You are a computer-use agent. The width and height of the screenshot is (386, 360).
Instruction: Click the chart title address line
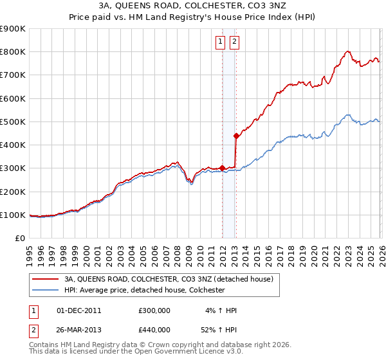click(x=193, y=6)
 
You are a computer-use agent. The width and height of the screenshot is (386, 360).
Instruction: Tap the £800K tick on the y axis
click(x=12, y=52)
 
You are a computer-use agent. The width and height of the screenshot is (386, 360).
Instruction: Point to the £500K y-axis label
click(x=12, y=122)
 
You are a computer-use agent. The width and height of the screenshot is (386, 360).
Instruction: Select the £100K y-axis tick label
click(x=12, y=215)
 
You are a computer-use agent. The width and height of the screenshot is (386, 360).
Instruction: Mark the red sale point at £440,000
click(x=237, y=136)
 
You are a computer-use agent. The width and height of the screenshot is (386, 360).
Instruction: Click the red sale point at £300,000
click(x=222, y=168)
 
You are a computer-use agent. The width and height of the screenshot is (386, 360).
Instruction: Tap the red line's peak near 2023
click(x=347, y=51)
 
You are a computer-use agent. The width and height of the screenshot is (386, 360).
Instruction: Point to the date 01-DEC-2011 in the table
click(x=79, y=310)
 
